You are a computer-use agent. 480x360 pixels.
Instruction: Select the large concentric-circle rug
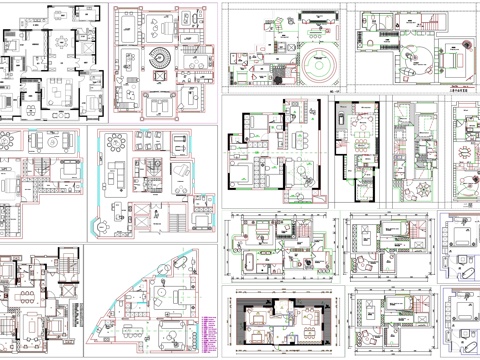pyautogui.click(x=319, y=72)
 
